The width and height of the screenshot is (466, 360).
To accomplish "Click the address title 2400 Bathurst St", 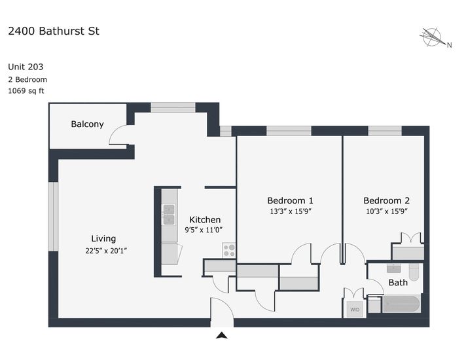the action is tap(54, 31).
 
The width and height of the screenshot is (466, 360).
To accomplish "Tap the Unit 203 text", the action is tap(26, 67).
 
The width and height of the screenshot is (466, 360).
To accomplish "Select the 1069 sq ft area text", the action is tap(26, 91).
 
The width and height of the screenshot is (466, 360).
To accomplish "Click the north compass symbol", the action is tap(433, 38).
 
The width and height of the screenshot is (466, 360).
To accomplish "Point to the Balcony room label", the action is tap(87, 124).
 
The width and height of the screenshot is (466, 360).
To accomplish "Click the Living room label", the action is tap(103, 238).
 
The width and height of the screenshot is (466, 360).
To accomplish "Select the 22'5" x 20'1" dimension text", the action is tap(106, 251).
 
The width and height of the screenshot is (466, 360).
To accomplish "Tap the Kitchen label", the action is tap(205, 220).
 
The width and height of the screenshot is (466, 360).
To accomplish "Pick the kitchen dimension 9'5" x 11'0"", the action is tap(204, 230).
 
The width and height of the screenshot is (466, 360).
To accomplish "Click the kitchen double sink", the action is tap(169, 214).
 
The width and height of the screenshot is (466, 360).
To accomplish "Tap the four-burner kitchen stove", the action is tap(229, 250).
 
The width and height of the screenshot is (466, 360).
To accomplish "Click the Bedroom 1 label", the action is tap(290, 201).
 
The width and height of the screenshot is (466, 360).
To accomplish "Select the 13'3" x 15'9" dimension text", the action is tap(291, 211).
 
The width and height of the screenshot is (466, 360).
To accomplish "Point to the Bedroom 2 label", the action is tap(386, 201).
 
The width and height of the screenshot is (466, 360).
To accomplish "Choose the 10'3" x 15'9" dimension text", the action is tap(386, 211).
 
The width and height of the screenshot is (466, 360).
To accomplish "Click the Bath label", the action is tap(398, 282).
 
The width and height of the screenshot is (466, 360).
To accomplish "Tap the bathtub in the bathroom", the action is tap(401, 304).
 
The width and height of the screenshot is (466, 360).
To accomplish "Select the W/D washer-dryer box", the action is tap(355, 310).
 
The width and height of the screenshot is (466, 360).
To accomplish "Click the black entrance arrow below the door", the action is tap(222, 336).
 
